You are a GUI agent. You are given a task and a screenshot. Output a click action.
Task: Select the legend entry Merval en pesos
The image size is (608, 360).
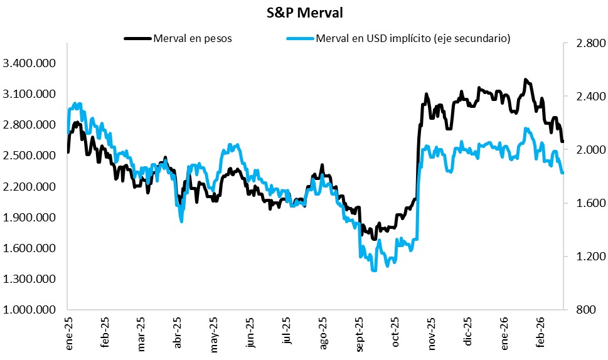point(192,39)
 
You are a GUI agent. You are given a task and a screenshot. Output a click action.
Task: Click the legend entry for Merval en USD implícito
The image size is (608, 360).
point(413,39)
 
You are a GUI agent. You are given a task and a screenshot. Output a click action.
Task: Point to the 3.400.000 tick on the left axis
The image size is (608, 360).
point(29,63)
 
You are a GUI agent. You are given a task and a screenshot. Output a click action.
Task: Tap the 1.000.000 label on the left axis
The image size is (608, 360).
point(29,310)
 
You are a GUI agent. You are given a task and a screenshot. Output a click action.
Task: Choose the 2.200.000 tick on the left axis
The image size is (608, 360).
point(29,187)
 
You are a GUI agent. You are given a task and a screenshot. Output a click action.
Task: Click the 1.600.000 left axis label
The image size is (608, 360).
point(29,248)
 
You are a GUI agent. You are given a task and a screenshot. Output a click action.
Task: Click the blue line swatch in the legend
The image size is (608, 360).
point(300,39)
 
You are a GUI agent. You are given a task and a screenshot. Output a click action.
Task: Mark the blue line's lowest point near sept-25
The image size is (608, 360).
point(374,270)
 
